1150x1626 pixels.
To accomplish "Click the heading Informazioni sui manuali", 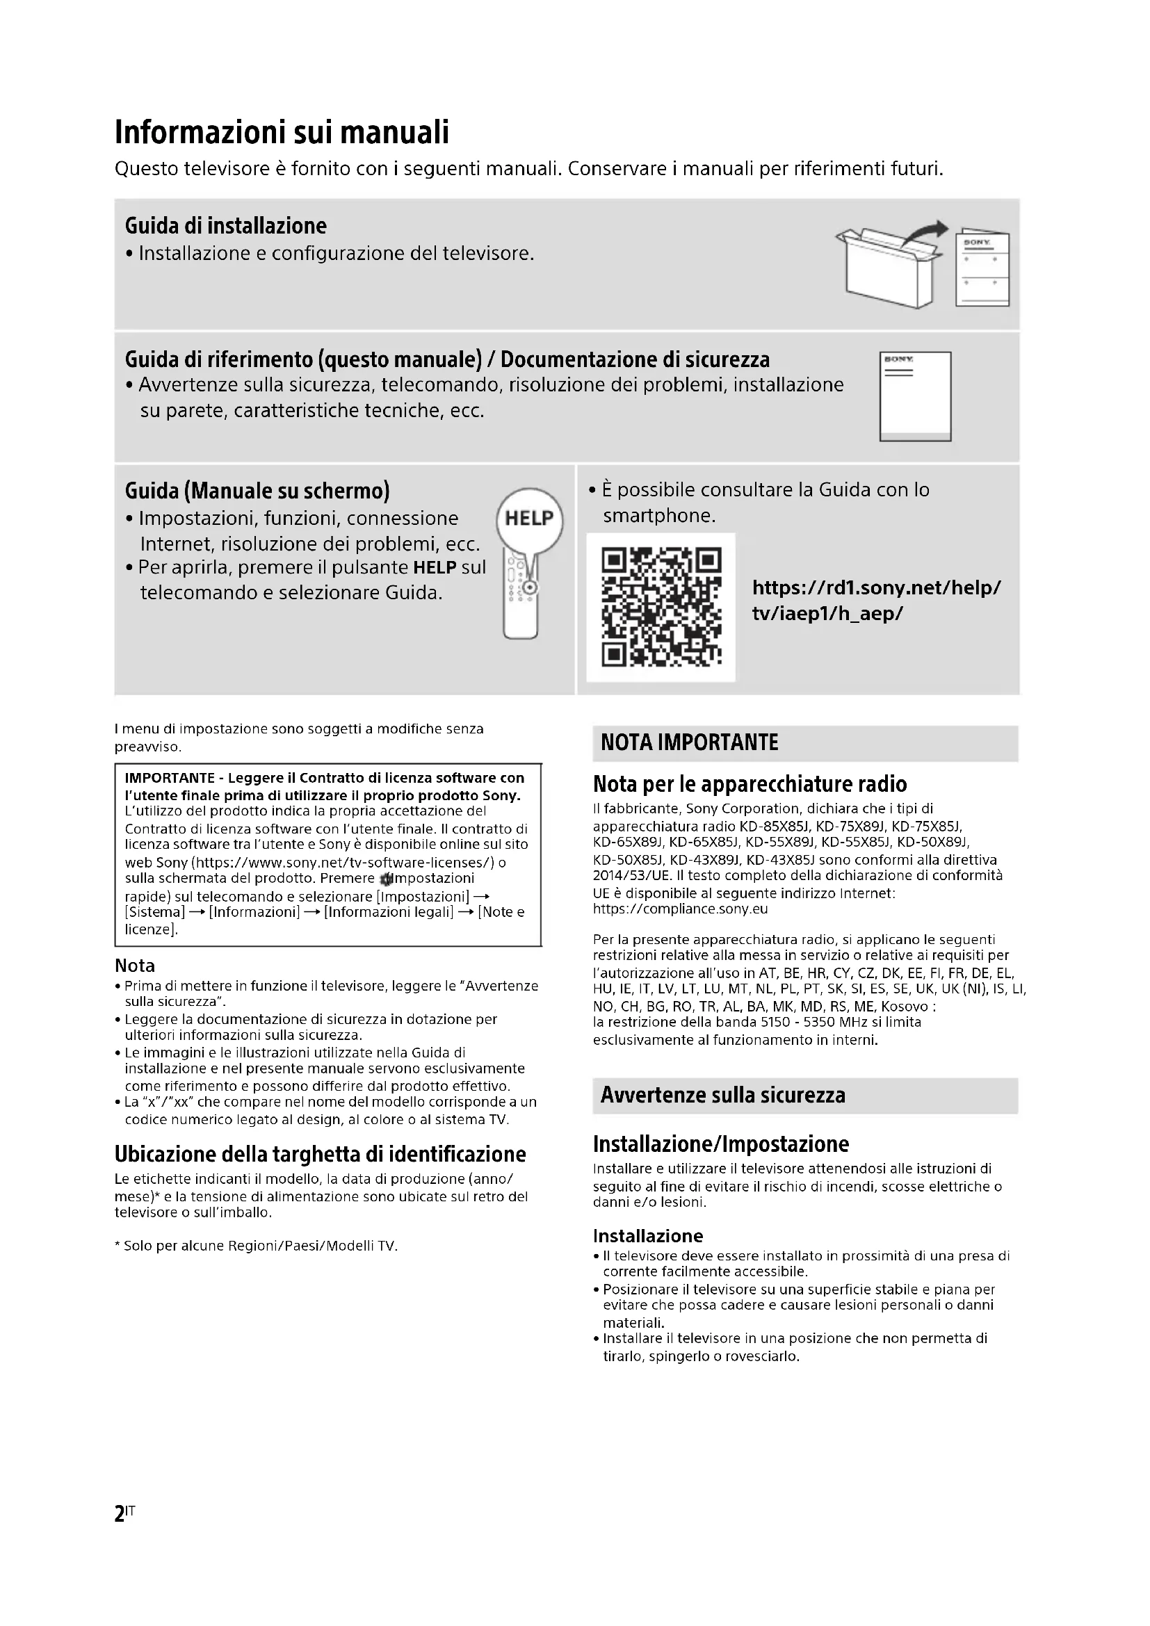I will coord(282,133).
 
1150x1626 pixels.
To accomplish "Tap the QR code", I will coord(661,607).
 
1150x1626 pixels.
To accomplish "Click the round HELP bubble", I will coord(530,519).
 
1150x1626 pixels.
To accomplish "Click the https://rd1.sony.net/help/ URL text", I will coord(876,588).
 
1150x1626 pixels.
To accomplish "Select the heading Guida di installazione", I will coord(226,226).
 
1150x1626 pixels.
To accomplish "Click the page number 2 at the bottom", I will coord(120,1514).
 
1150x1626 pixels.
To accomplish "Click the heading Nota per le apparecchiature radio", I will coord(750,784).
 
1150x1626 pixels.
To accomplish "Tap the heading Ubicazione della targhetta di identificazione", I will coord(320,1154).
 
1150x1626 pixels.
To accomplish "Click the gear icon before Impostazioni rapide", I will coord(386,879).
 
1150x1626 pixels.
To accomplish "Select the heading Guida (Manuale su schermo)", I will coord(257,491).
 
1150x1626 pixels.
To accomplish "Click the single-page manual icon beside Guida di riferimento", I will coord(915,396).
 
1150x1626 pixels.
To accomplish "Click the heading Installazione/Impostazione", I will coord(721,1144).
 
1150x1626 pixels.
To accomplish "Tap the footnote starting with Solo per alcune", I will coord(257,1246).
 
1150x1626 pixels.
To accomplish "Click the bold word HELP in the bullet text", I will coord(434,567).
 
